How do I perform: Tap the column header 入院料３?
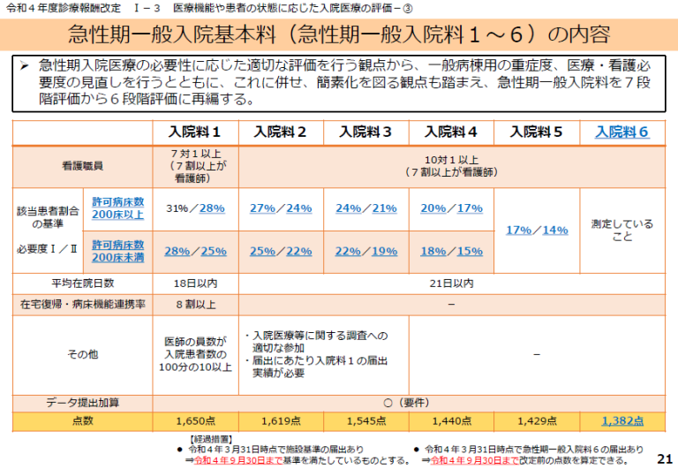(x=365, y=132)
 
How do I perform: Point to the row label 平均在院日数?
(x=82, y=284)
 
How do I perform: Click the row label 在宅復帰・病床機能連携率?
(x=82, y=305)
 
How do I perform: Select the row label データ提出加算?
(x=82, y=402)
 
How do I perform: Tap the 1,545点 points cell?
(x=365, y=421)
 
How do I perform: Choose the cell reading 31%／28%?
(x=196, y=208)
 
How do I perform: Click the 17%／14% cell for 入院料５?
(x=537, y=230)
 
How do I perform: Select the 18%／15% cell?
(x=452, y=251)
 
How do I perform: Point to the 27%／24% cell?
(x=281, y=208)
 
